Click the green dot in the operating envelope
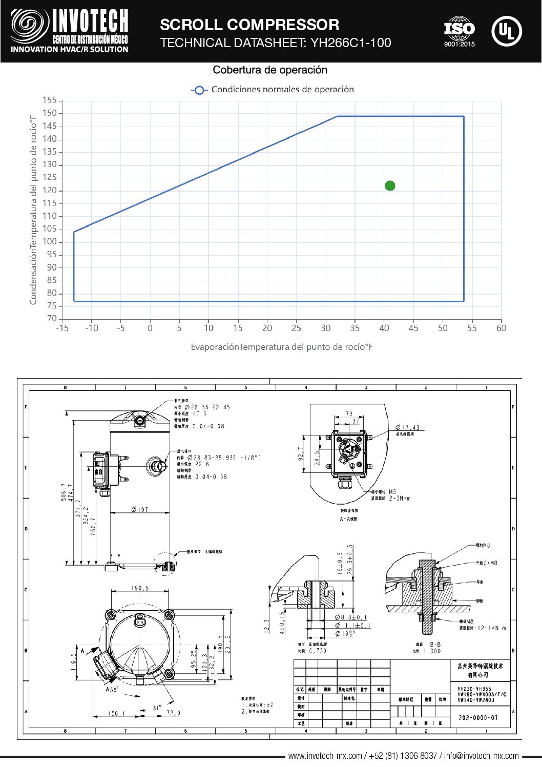click(390, 185)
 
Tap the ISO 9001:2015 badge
click(459, 32)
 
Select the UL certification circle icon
click(506, 32)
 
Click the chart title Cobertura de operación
click(269, 70)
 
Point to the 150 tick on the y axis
click(50, 113)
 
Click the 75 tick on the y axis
click(52, 306)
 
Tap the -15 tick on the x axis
click(62, 328)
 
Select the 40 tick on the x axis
click(384, 328)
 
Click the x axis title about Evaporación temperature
click(282, 347)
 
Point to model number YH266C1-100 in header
click(350, 43)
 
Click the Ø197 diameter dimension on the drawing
click(139, 509)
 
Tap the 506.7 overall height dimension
click(64, 492)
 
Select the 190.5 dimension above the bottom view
click(140, 588)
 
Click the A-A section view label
click(349, 519)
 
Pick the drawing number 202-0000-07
click(478, 717)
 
